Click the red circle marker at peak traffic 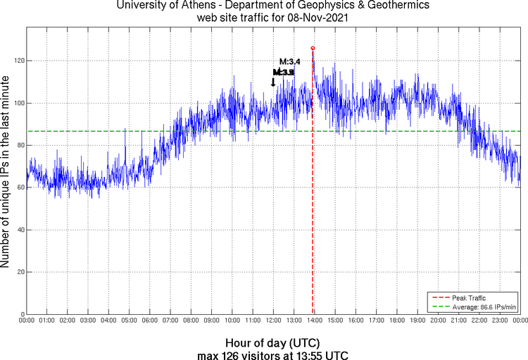click(x=313, y=48)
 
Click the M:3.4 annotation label click(x=290, y=62)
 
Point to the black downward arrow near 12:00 click(x=273, y=82)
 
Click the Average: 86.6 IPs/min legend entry click(x=484, y=306)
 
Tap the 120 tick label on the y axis click(x=19, y=61)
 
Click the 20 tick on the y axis click(x=20, y=272)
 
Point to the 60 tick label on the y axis click(x=20, y=187)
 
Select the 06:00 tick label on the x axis click(x=150, y=321)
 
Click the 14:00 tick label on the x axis click(x=315, y=321)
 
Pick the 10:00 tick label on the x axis click(x=232, y=321)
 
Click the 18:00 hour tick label click(x=397, y=321)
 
